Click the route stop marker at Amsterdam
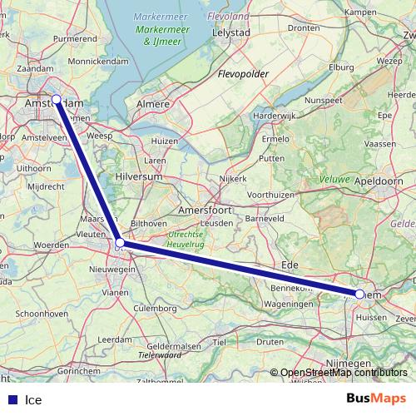click(x=56, y=100)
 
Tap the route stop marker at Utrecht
click(x=120, y=242)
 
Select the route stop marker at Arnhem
click(x=359, y=294)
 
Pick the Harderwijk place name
click(x=275, y=116)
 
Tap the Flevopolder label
click(x=242, y=74)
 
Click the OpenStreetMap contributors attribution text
click(x=344, y=374)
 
